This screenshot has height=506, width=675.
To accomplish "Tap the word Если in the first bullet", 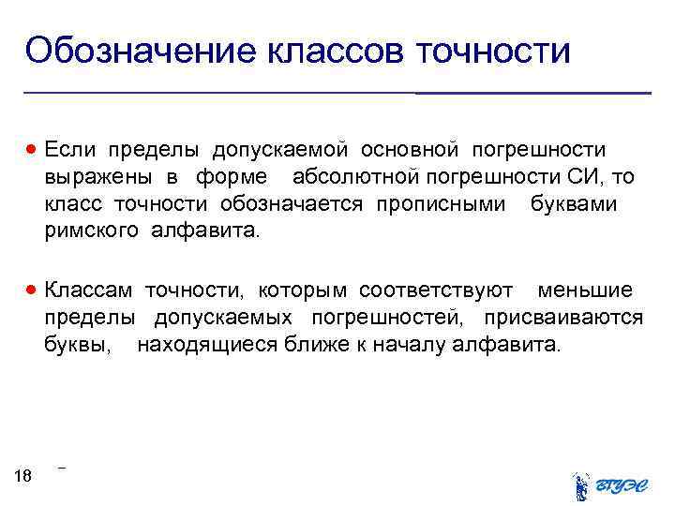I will (x=69, y=150).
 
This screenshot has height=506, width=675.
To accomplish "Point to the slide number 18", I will (x=23, y=477).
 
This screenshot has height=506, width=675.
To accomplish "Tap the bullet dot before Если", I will (x=34, y=150).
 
